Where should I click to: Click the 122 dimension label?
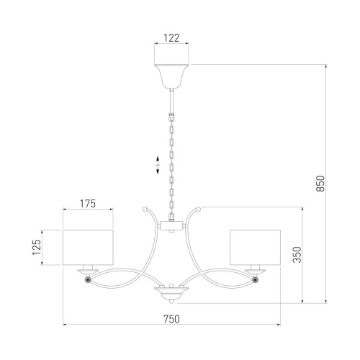(x=171, y=38)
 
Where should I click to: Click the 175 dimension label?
(x=88, y=204)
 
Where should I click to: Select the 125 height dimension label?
(x=37, y=247)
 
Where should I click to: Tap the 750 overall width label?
(x=171, y=319)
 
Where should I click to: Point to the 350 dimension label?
(x=297, y=255)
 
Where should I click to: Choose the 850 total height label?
(x=320, y=184)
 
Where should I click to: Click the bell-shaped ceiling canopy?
(x=171, y=76)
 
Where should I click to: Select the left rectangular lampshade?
(x=88, y=248)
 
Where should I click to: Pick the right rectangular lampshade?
(x=255, y=248)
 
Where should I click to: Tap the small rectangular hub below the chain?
(x=171, y=226)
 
